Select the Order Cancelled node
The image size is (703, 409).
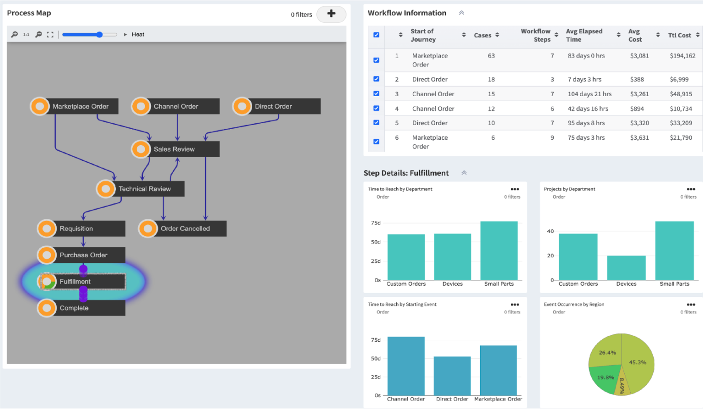click(x=185, y=229)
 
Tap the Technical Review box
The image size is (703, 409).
click(x=144, y=189)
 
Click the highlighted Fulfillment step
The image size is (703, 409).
click(x=82, y=282)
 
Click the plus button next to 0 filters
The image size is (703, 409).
click(x=331, y=14)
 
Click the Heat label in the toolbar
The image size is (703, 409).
click(x=138, y=34)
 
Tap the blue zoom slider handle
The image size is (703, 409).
click(x=100, y=34)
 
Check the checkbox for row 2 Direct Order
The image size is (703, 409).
click(x=376, y=79)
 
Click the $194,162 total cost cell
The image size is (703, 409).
click(x=682, y=56)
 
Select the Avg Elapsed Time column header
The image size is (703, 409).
click(x=584, y=35)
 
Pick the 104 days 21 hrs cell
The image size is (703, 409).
click(x=589, y=94)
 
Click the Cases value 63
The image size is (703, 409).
click(x=491, y=56)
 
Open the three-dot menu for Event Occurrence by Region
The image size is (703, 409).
click(x=691, y=305)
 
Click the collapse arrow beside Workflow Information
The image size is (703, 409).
click(x=461, y=13)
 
